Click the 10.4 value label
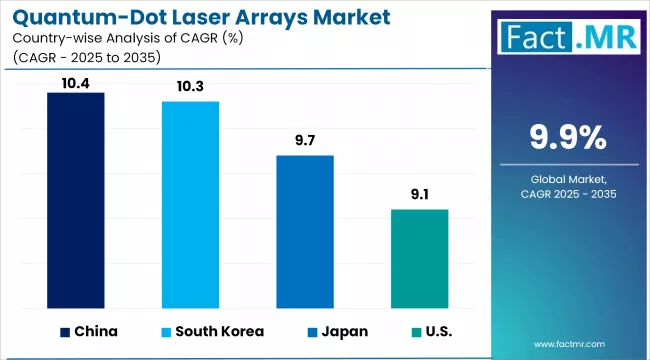[76, 83]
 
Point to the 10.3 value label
[190, 88]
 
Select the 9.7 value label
[305, 142]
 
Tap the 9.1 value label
[419, 196]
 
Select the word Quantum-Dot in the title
[76, 17]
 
